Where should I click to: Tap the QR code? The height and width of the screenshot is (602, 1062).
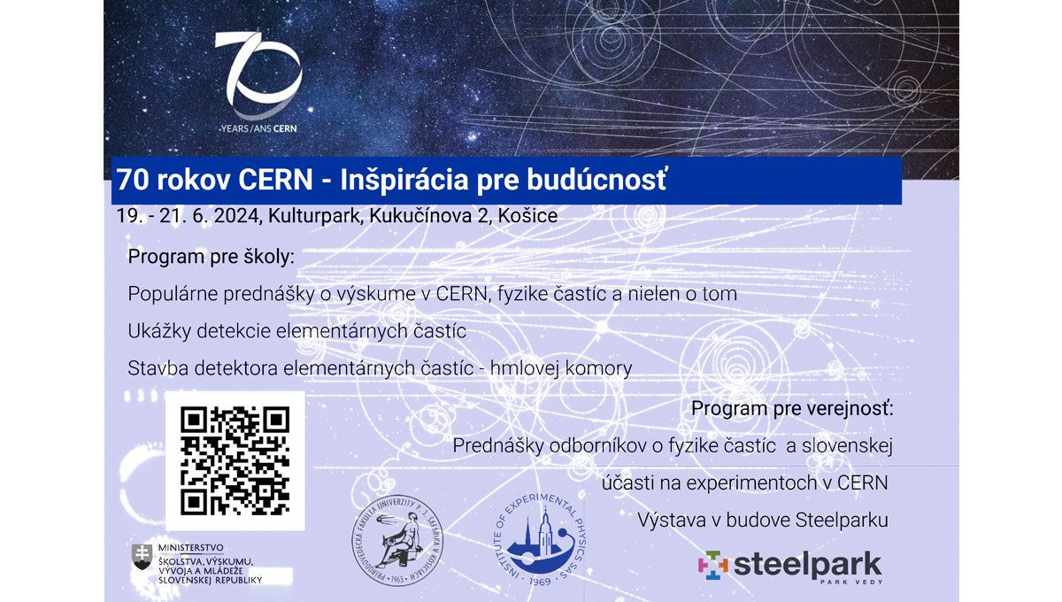235,460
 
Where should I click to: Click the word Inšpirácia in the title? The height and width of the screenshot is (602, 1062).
406,181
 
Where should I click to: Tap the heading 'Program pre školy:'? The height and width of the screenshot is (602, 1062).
211,258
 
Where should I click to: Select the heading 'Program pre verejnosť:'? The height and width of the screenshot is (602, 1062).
792,409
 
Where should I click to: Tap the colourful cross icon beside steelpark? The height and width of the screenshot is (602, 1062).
712,565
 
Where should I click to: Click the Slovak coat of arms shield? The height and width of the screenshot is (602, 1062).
142,556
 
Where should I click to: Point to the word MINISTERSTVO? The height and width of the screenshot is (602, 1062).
190,548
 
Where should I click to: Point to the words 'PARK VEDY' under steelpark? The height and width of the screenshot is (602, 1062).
850,583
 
